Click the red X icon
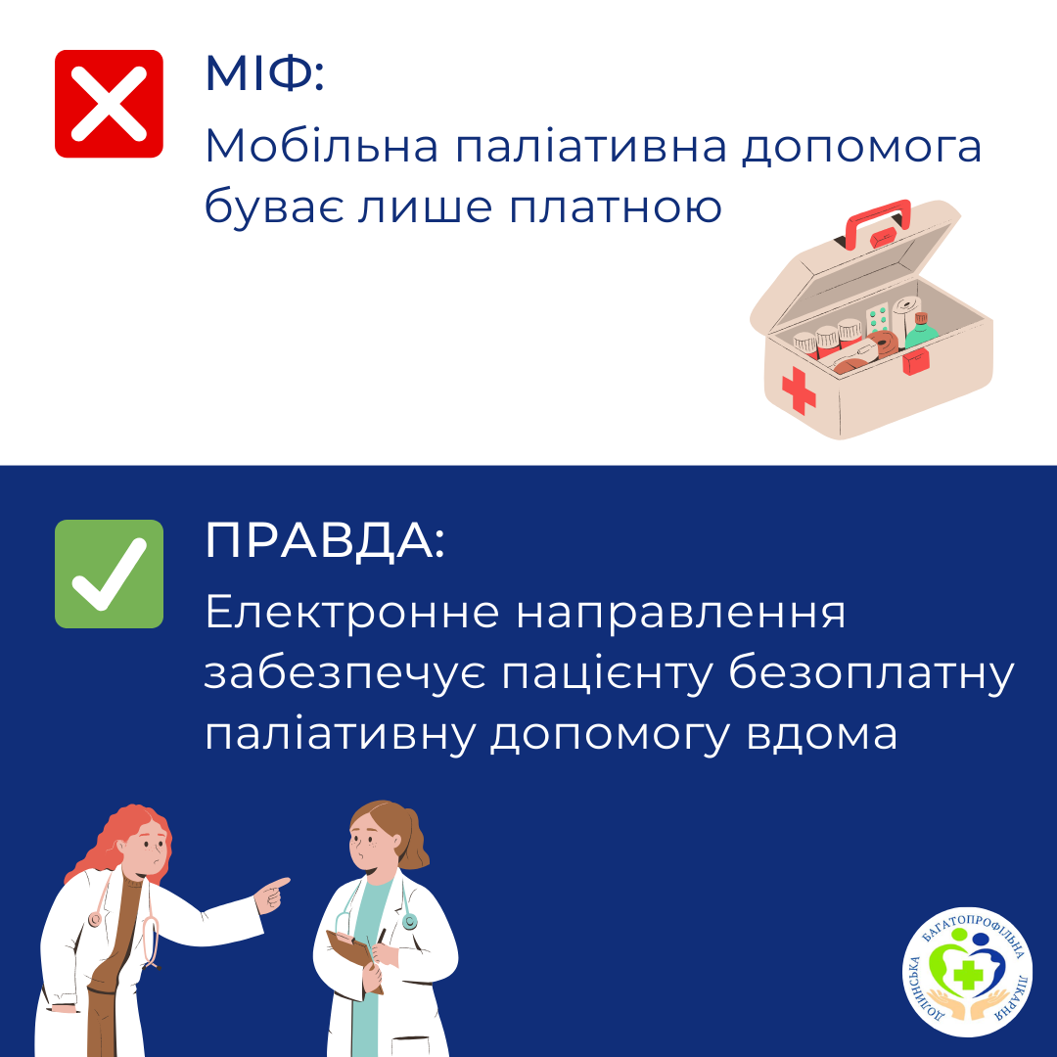click(x=109, y=104)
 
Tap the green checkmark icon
click(x=109, y=574)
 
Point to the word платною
click(x=615, y=207)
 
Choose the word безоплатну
click(x=871, y=674)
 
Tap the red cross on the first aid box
click(x=799, y=390)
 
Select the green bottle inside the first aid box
click(x=921, y=331)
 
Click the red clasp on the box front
click(x=916, y=361)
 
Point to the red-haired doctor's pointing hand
click(x=272, y=895)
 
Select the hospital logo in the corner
click(x=967, y=971)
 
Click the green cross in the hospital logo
click(x=968, y=974)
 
